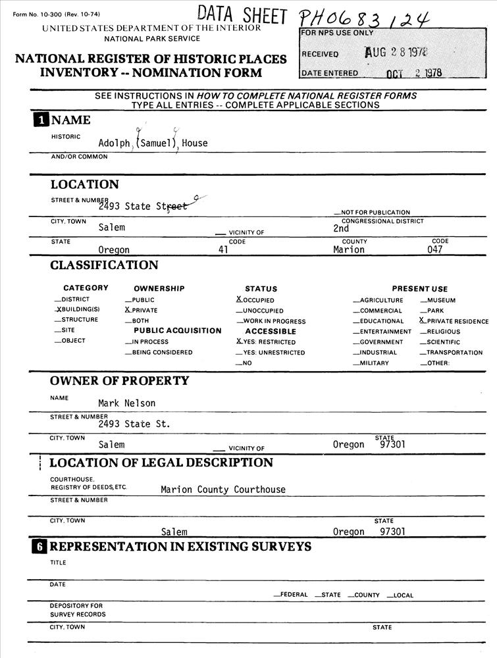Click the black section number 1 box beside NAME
41,120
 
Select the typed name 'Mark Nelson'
127,403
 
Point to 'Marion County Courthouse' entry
223,490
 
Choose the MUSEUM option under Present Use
438,300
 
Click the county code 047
434,250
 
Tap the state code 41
222,250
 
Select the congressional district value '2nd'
341,229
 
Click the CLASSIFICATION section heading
104,265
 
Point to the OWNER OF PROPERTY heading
119,380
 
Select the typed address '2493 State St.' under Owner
134,424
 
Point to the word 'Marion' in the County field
349,250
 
